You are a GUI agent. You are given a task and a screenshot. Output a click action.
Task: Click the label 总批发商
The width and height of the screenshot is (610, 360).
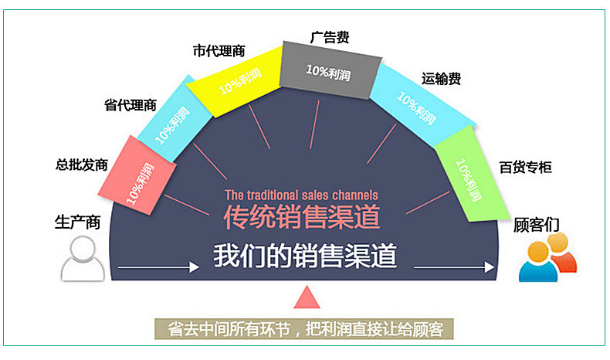coord(82,165)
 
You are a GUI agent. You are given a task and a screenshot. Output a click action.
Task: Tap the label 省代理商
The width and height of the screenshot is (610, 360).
coord(130,105)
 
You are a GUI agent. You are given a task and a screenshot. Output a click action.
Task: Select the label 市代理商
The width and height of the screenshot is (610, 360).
coord(219,51)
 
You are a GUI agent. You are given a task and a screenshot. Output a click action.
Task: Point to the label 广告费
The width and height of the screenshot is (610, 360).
coord(330,37)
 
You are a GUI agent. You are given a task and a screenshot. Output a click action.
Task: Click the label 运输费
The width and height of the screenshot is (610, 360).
coord(441,79)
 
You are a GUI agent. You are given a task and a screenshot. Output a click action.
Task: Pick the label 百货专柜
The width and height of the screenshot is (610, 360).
coord(526,168)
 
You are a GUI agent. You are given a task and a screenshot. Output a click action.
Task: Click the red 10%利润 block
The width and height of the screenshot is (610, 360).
coord(137,175)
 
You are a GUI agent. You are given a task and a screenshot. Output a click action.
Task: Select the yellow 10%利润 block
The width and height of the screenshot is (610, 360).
coord(234,81)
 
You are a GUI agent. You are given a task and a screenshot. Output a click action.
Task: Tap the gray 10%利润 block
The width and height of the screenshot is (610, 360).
coord(330,70)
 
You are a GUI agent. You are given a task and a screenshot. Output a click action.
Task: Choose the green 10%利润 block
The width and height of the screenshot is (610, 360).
coord(472,174)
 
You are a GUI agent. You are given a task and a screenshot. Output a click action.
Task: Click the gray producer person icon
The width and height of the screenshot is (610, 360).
coord(83,259)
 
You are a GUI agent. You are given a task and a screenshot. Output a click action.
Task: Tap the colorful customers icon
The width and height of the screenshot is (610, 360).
coord(547,257)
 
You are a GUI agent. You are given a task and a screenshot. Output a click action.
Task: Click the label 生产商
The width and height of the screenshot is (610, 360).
coord(78,222)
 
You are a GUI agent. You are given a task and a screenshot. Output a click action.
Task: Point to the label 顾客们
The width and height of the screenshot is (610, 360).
coord(537,225)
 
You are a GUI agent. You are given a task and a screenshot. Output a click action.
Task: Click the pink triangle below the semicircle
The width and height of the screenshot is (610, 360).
coord(307,297)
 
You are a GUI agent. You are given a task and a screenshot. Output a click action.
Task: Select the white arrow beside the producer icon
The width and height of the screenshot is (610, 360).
coord(158,267)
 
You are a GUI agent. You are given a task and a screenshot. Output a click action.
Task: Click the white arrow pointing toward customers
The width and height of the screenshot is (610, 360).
coord(454,267)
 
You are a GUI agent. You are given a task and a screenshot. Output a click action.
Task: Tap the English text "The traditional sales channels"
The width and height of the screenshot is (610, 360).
coord(301,195)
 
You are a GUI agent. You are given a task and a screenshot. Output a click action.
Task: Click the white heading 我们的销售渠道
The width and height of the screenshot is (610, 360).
coord(305,256)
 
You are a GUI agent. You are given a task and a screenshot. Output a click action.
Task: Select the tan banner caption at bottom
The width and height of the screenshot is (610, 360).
coord(304,329)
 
